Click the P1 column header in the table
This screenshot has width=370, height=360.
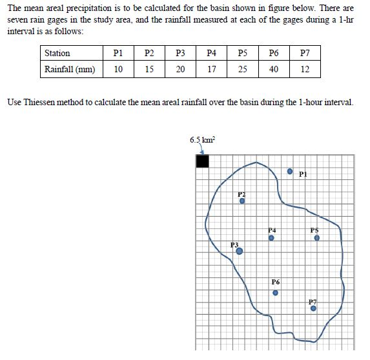click(118, 54)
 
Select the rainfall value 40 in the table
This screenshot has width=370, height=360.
click(274, 69)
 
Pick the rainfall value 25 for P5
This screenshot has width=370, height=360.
click(242, 69)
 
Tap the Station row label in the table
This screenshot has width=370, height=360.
click(57, 54)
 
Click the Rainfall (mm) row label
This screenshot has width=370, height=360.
click(69, 69)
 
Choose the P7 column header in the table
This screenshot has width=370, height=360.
click(305, 54)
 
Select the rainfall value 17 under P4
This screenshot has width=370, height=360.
click(211, 69)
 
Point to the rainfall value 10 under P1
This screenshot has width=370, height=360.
click(118, 69)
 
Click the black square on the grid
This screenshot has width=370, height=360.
click(202, 161)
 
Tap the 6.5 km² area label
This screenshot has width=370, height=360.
click(202, 140)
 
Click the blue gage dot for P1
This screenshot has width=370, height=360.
click(291, 172)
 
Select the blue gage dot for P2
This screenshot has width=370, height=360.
click(242, 201)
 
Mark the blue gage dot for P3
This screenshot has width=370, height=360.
click(240, 251)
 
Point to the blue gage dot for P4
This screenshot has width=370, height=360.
click(272, 237)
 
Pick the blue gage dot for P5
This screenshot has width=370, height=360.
click(316, 237)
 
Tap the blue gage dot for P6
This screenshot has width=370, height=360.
click(275, 292)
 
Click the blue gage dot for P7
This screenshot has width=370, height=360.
click(313, 308)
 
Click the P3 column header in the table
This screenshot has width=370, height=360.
click(180, 54)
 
